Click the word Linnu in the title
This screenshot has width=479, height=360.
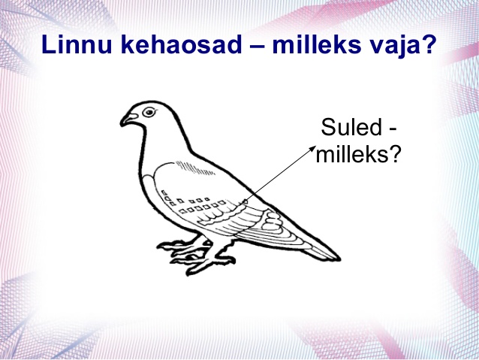click(x=77, y=44)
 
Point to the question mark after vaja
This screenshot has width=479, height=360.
click(x=427, y=44)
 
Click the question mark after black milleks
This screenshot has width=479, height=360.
click(x=393, y=154)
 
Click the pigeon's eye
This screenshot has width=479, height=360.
click(x=149, y=112)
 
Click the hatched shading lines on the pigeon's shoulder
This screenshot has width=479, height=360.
click(x=194, y=168)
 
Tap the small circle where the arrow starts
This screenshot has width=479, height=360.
click(x=245, y=201)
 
